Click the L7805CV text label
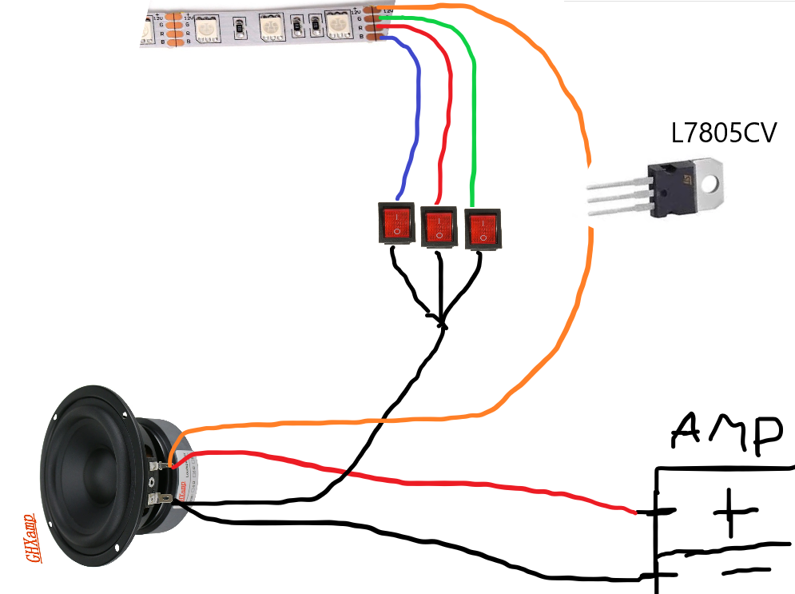tap(724, 132)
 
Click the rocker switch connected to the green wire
tap(483, 226)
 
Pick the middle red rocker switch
tap(439, 225)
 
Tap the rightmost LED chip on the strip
tap(339, 27)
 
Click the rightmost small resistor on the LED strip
tap(296, 29)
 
